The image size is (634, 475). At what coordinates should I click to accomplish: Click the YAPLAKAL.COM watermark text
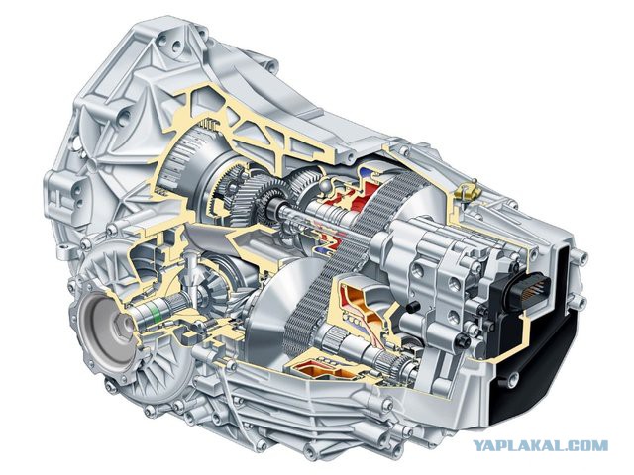point(541,445)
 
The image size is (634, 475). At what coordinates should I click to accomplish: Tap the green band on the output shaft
point(155,313)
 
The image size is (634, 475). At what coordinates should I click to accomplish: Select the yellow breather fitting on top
point(467,191)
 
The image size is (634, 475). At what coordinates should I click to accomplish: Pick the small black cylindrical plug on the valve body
point(412,307)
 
